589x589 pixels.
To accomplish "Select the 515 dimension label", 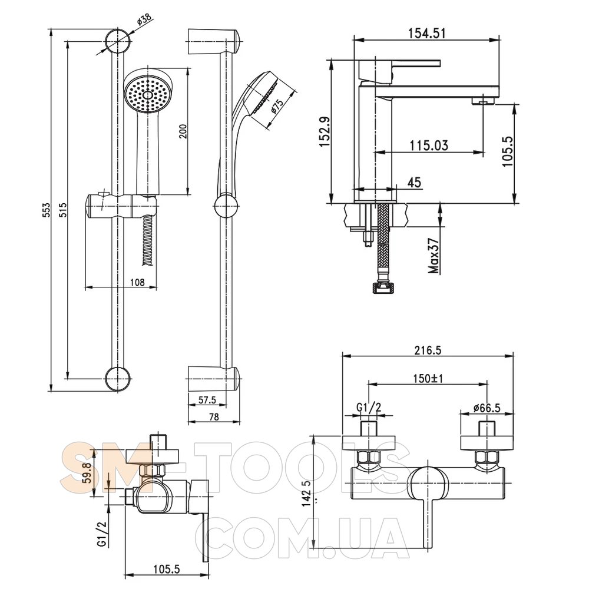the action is (63, 210).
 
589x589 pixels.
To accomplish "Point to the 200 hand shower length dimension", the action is (184, 131).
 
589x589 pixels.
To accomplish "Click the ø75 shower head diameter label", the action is (277, 107).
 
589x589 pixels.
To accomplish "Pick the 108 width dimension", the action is (137, 282).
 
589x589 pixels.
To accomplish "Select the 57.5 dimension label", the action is (207, 401).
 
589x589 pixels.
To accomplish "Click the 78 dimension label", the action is (213, 417).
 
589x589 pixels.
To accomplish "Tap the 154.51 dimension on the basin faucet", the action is (426, 33).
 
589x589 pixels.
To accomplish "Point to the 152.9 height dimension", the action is (325, 131).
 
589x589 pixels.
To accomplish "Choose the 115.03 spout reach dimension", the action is (429, 145).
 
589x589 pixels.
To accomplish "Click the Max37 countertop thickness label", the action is (434, 256).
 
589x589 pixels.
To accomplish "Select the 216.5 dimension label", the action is (428, 350).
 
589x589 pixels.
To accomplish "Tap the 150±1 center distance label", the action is (428, 378).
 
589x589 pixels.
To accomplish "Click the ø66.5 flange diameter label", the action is (487, 408).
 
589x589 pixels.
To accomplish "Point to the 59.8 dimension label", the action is (97, 475).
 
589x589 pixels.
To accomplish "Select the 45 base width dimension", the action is (413, 183).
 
